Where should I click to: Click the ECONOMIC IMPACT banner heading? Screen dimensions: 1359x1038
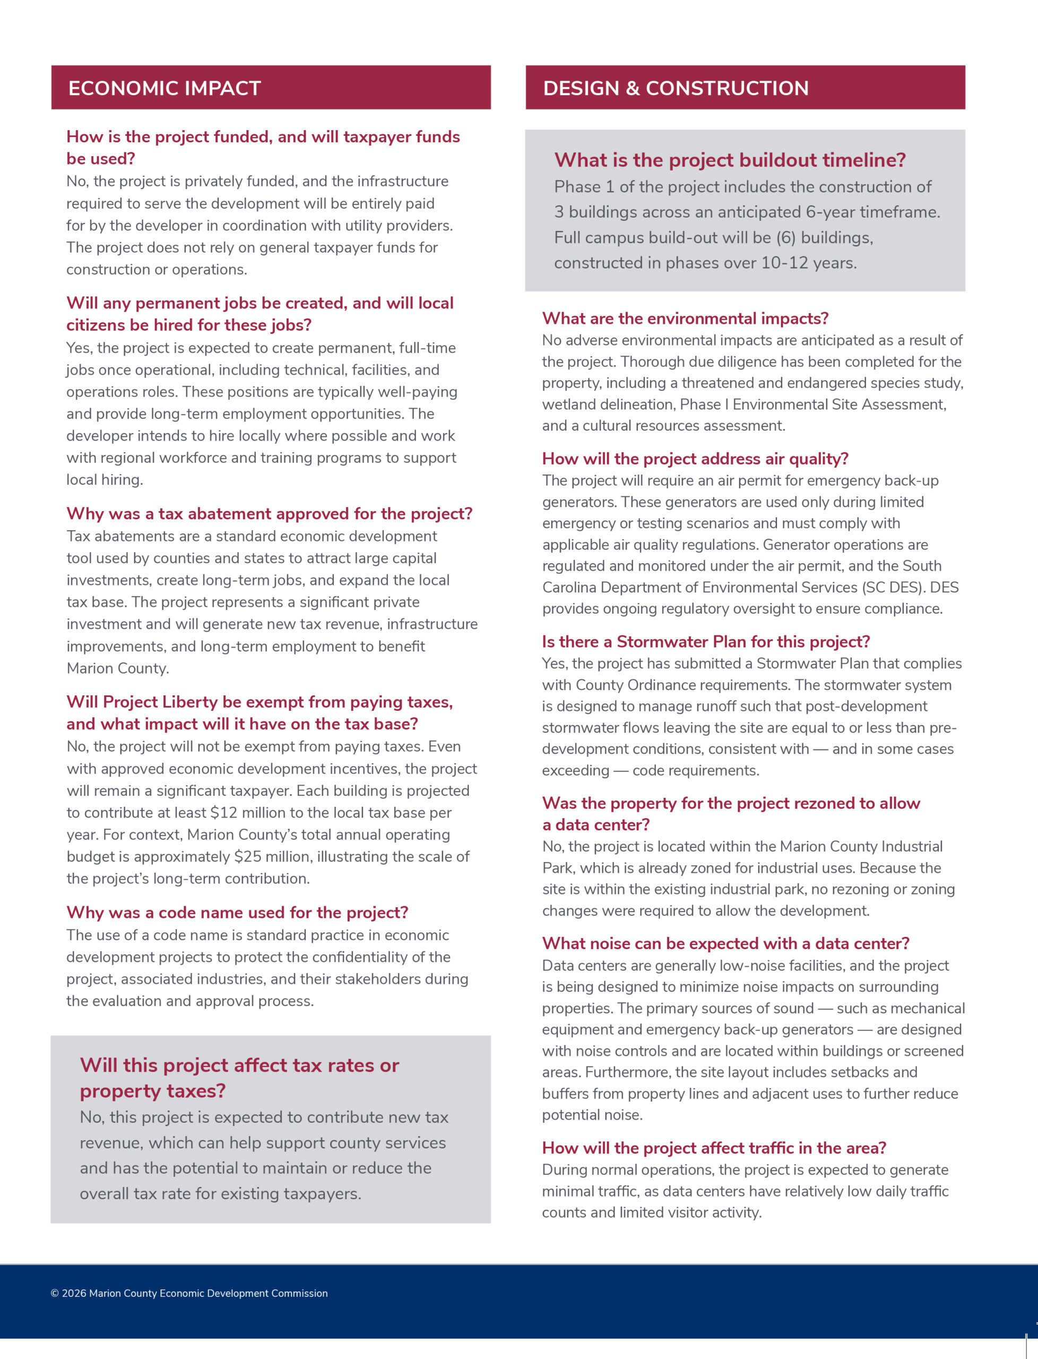[165, 88]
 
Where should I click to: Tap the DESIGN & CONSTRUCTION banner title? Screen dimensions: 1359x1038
[676, 88]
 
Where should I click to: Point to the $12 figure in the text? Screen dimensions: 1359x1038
[223, 813]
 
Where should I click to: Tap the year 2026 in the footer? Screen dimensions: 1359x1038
[74, 1294]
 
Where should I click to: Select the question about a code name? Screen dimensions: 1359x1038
[237, 913]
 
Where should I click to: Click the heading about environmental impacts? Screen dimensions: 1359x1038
[685, 319]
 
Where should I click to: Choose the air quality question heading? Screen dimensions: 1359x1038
[695, 459]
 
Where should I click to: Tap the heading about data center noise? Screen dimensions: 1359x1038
[725, 944]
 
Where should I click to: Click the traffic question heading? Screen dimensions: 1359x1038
[714, 1148]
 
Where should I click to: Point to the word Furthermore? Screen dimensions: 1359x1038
[627, 1072]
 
